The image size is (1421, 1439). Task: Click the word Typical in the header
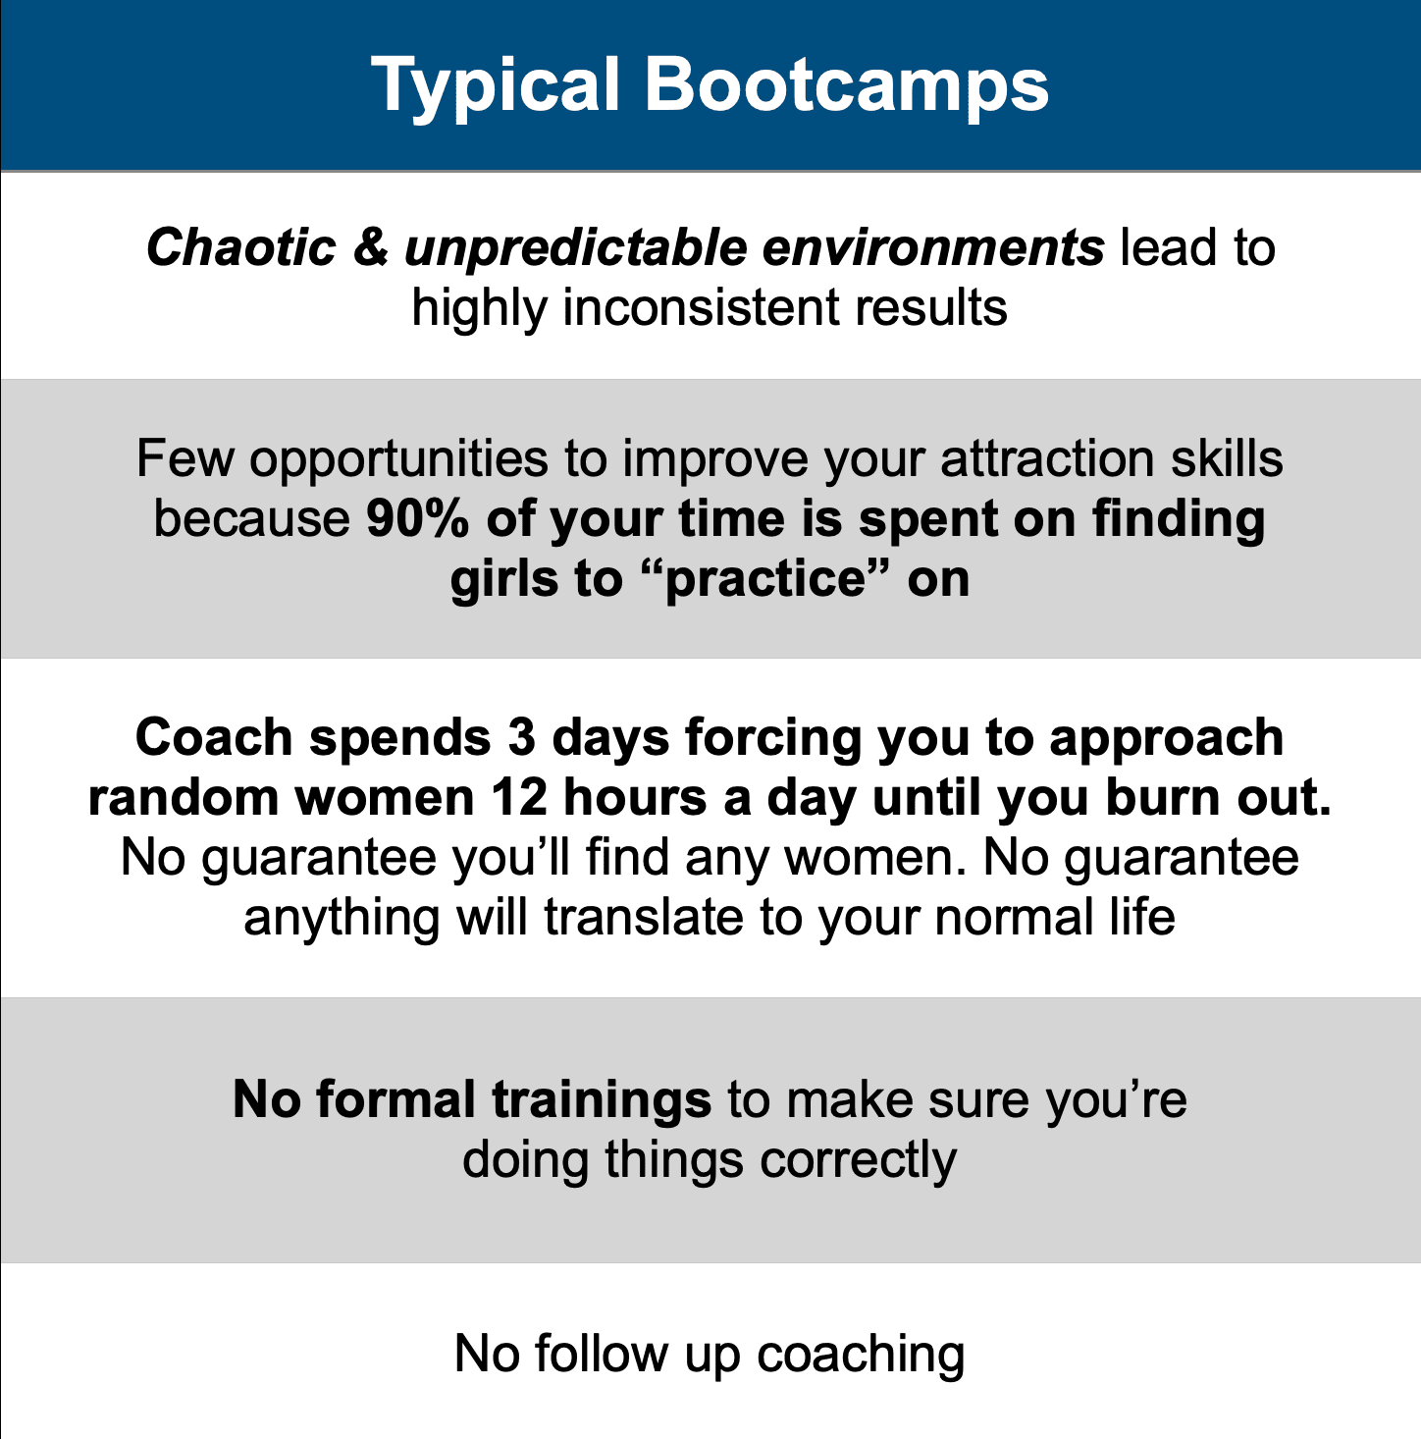click(496, 86)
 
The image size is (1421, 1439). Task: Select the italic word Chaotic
click(241, 247)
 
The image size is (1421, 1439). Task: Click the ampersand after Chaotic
click(370, 247)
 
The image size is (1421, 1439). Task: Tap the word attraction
click(1048, 458)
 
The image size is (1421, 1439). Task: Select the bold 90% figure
click(417, 518)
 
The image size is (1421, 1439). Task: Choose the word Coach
click(214, 737)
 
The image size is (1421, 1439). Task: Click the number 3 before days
click(522, 737)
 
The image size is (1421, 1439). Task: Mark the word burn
click(1163, 797)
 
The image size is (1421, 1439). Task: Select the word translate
click(643, 916)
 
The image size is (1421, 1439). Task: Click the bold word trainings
click(602, 1101)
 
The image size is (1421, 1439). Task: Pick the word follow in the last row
click(602, 1353)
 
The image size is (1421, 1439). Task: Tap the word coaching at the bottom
click(861, 1355)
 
